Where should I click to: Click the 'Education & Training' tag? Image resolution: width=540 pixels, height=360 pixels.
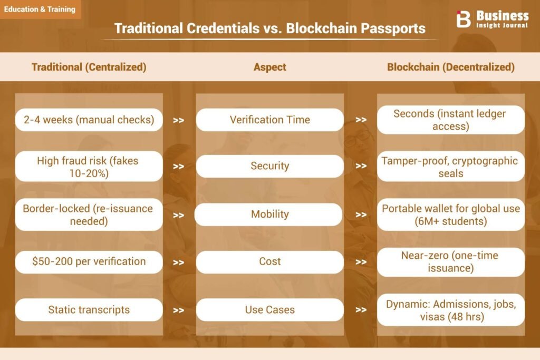pos(40,9)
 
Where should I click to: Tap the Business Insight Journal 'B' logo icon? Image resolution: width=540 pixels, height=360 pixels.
pos(463,19)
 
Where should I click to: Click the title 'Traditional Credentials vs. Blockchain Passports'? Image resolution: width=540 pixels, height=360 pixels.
pos(269,28)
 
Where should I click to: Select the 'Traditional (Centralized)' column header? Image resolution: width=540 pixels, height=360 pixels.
pos(89,67)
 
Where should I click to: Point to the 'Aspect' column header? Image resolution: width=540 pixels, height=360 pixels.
pos(269,67)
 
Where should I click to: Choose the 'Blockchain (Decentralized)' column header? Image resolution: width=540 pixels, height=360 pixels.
pos(451,67)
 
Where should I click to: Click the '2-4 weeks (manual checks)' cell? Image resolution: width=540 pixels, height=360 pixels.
pos(89,120)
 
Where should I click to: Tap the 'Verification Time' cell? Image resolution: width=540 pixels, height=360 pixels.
pos(269,120)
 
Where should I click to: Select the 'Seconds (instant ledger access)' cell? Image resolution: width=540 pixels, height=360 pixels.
pos(451,120)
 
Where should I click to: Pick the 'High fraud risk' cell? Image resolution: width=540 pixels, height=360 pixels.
pos(89,166)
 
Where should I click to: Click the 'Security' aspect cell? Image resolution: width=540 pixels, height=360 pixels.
pos(269,166)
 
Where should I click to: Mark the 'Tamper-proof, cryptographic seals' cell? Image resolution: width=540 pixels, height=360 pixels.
pos(451,166)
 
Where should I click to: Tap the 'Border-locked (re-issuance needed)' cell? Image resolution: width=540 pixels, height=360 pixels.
pos(89,215)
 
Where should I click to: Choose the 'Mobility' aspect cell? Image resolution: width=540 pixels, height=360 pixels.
pos(268,215)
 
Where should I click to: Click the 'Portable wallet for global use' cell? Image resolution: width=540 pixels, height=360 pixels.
pos(451,215)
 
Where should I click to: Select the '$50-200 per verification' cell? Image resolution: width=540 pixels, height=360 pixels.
pos(89,262)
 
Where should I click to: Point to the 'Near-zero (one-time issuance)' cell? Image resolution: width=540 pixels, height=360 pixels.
pos(451,262)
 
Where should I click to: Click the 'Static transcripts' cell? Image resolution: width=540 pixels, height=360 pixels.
pos(89,310)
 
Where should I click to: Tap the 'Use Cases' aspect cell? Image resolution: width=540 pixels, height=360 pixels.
pos(269,310)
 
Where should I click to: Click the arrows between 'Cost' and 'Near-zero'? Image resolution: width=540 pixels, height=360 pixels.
pos(361,262)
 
